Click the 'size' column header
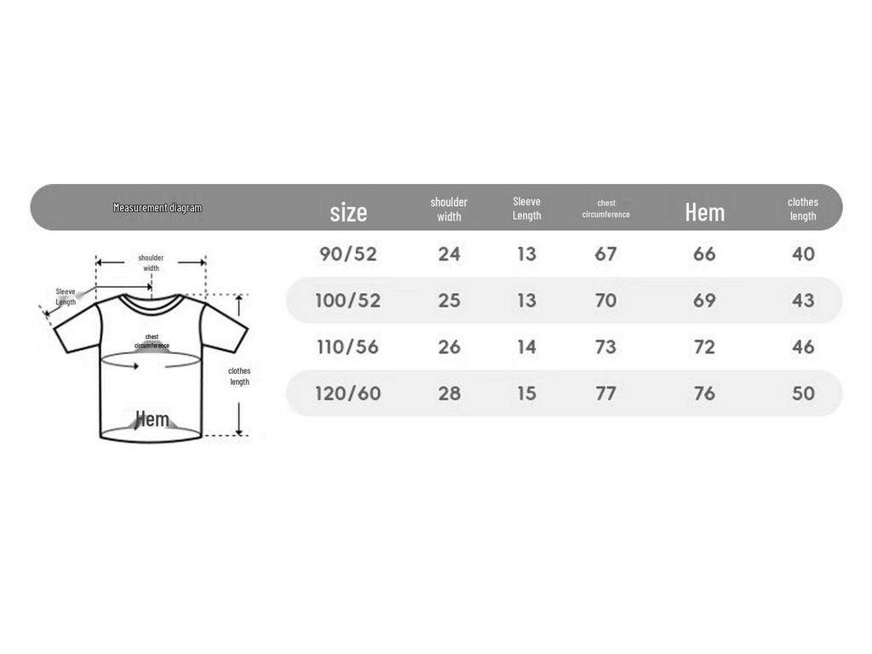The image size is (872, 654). click(348, 212)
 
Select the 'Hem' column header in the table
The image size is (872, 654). click(704, 212)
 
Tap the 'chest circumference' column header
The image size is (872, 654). click(605, 209)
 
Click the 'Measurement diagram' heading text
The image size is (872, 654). click(158, 208)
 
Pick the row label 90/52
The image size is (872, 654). click(348, 254)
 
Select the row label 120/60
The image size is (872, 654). click(348, 393)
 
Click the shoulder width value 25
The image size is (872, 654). click(450, 301)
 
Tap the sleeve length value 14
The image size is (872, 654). click(526, 347)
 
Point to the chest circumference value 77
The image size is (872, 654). click(605, 393)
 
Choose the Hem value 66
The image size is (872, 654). click(704, 254)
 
